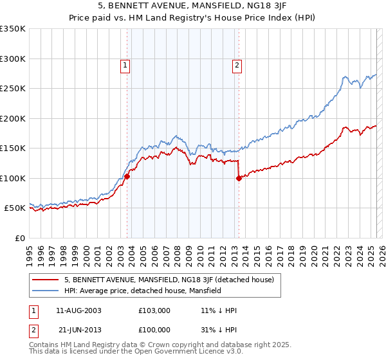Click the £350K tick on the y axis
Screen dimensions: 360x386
pos(14,29)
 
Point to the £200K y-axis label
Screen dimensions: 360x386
pos(14,118)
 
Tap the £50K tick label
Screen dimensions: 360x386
pos(15,208)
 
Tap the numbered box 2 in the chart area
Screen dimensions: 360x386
pos(237,64)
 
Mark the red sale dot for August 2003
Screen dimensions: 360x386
pos(127,176)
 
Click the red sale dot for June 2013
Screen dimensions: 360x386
pos(239,178)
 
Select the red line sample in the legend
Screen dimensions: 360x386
pos(46,280)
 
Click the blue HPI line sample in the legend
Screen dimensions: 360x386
pos(46,291)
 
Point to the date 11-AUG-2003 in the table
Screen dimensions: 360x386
pos(78,310)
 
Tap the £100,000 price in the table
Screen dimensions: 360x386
pos(154,330)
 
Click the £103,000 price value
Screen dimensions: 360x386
pos(154,310)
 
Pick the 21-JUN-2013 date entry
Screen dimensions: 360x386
pos(78,330)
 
